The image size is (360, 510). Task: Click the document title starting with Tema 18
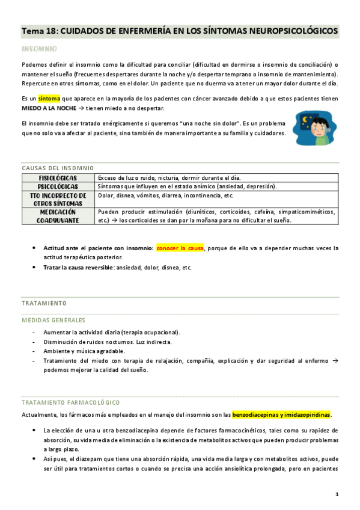coord(179,30)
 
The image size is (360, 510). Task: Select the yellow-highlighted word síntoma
coord(49,99)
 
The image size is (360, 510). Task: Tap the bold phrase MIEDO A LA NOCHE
coord(49,108)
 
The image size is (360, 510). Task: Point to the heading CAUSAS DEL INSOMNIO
coord(57,168)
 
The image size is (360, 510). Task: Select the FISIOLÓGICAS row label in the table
coord(58,178)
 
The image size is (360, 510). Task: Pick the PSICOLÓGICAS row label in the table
coord(58,186)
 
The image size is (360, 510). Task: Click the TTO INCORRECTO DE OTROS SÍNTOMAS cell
coord(58,200)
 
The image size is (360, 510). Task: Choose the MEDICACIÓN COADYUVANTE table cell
coord(58,216)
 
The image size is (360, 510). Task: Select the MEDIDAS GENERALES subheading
coord(53,321)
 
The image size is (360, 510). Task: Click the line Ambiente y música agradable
coord(84,351)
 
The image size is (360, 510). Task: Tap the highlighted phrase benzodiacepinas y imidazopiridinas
coord(281,414)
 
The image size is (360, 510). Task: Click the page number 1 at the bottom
coord(337,494)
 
